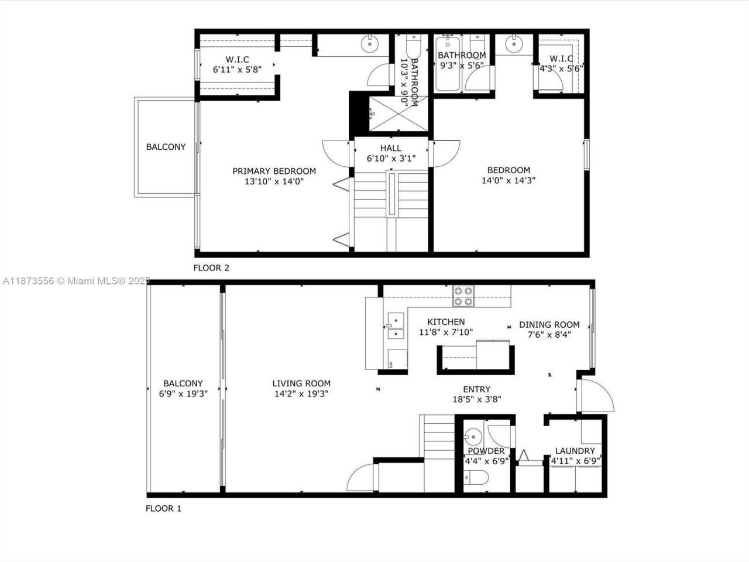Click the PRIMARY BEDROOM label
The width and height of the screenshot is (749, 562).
tap(274, 171)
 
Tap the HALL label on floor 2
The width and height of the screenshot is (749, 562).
tap(391, 148)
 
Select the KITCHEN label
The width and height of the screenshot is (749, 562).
tap(446, 322)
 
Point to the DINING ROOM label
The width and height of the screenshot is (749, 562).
tap(549, 324)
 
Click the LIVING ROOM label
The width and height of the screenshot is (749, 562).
tap(301, 383)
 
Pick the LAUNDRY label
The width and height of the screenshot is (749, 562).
tap(575, 451)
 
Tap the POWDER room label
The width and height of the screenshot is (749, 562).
tap(486, 451)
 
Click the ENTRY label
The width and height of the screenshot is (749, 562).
tap(476, 389)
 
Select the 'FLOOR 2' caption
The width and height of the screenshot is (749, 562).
tap(211, 268)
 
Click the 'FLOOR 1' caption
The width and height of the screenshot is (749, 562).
tap(163, 508)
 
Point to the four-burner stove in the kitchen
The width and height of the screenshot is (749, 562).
tap(463, 296)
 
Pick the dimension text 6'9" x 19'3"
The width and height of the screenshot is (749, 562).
tap(183, 394)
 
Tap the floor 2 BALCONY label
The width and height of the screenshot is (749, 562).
tap(166, 147)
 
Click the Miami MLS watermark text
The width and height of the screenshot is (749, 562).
tap(76, 281)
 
